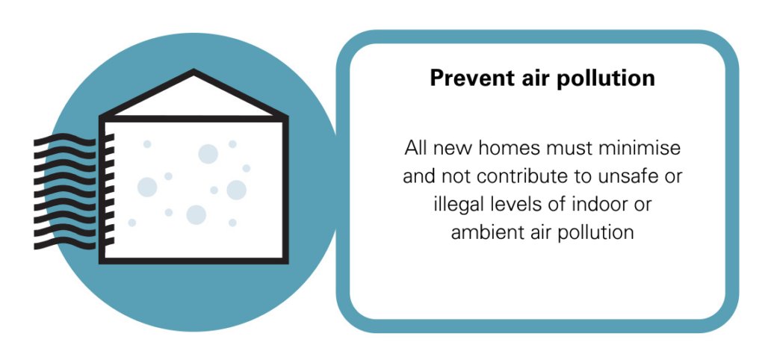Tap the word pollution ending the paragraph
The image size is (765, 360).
[x=596, y=232]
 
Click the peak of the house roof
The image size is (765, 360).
[x=193, y=73]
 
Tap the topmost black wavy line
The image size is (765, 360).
[x=65, y=139]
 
